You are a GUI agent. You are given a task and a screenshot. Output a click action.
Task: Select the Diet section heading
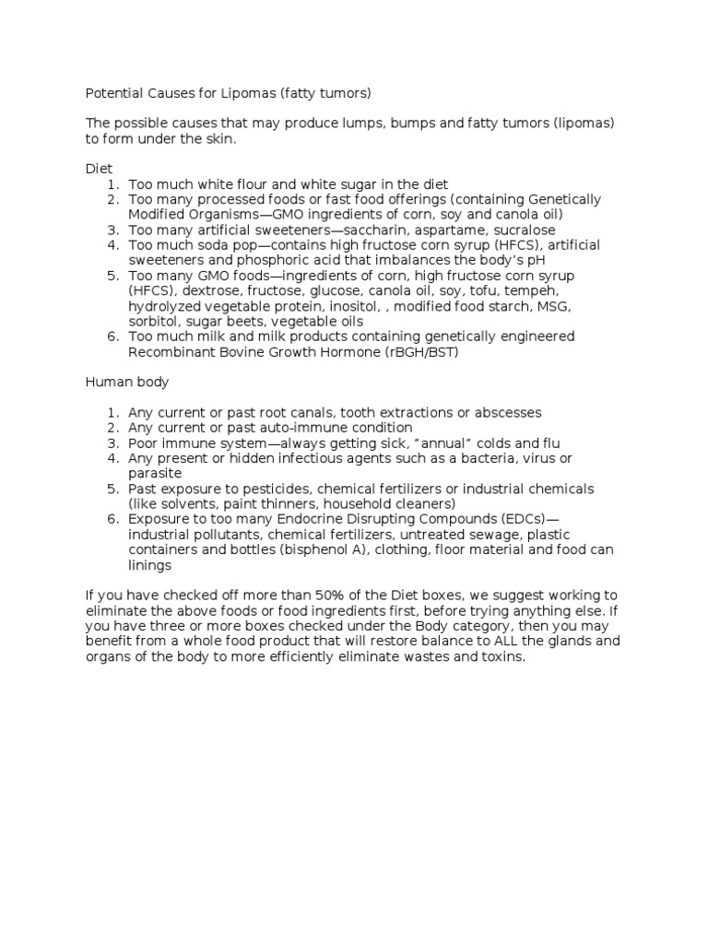(99, 169)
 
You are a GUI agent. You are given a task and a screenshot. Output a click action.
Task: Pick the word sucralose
(519, 230)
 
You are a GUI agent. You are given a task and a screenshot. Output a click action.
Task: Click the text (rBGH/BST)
(413, 351)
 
